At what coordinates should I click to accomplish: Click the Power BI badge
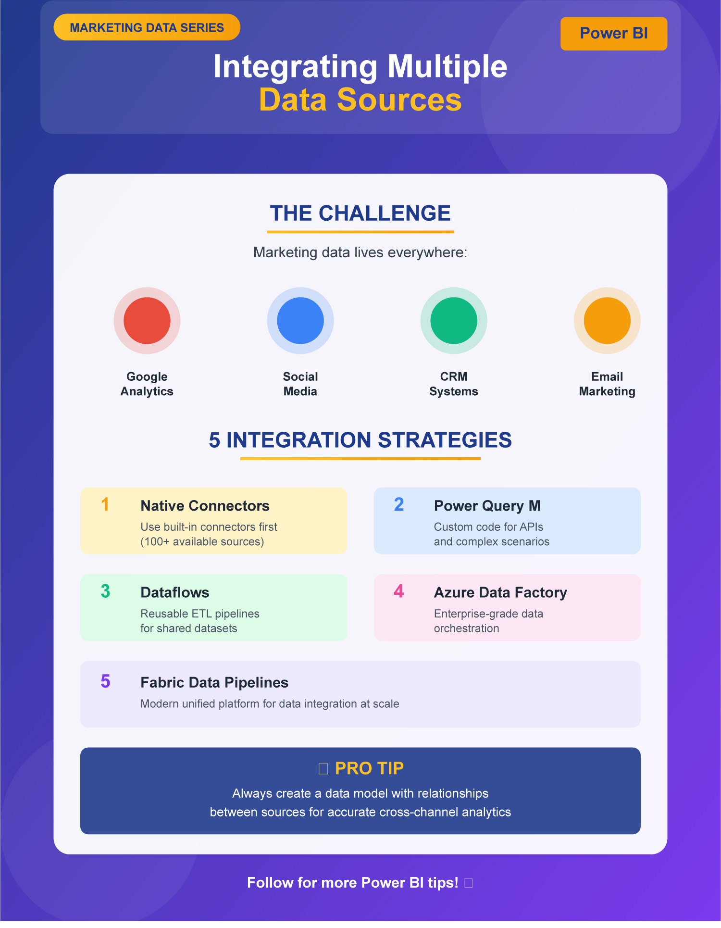614,34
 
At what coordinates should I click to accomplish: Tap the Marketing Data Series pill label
147,27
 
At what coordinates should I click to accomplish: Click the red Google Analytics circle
147,321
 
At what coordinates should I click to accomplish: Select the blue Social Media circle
300,321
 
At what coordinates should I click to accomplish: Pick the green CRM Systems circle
454,321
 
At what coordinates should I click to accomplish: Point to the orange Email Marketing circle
607,321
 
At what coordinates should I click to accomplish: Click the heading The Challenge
360,213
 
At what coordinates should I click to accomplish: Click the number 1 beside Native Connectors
105,504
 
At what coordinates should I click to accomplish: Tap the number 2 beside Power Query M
399,504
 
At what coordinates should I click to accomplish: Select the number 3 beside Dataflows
105,591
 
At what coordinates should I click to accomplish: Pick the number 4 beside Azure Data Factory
399,591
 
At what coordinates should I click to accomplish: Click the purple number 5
105,681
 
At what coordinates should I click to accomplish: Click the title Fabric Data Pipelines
214,682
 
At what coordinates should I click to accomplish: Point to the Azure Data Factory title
500,592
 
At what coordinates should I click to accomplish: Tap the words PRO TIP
369,768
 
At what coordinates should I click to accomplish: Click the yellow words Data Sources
360,100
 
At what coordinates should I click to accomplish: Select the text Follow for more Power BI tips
353,883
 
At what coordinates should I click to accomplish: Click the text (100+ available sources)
202,542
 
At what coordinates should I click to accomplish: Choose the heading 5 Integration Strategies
360,440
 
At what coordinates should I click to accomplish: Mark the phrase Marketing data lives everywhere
360,252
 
